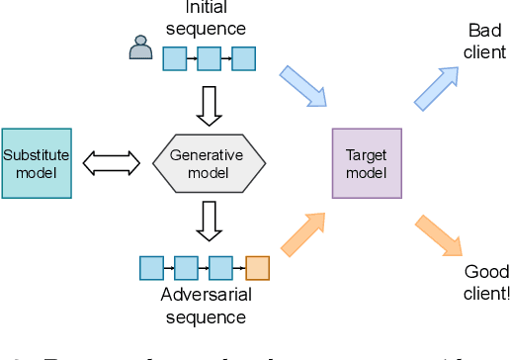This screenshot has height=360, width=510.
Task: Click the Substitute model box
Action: (x=37, y=162)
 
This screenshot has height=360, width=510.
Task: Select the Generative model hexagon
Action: (x=210, y=163)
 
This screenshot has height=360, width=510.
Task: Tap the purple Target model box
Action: (x=366, y=163)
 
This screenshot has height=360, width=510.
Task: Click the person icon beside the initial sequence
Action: (x=141, y=47)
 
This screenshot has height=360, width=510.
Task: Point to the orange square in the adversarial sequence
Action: (x=257, y=267)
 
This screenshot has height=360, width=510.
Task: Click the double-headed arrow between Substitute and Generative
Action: (x=112, y=163)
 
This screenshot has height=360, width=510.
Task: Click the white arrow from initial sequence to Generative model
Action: (x=209, y=105)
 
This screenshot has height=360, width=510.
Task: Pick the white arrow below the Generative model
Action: (x=209, y=221)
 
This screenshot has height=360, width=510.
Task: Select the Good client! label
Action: (x=485, y=282)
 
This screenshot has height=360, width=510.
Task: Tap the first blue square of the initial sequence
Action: (x=174, y=58)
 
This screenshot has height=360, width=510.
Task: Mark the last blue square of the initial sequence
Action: (x=243, y=58)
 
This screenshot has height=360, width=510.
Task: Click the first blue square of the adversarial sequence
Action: (x=151, y=267)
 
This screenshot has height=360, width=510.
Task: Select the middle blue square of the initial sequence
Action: (x=209, y=58)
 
